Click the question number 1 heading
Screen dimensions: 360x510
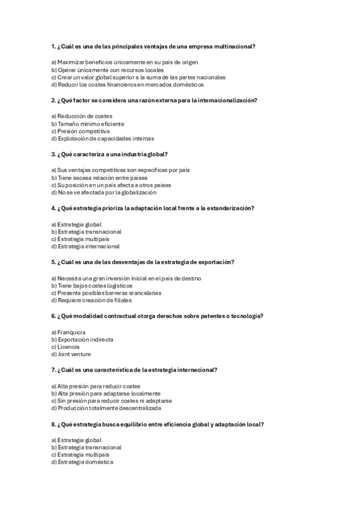point(153,47)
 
